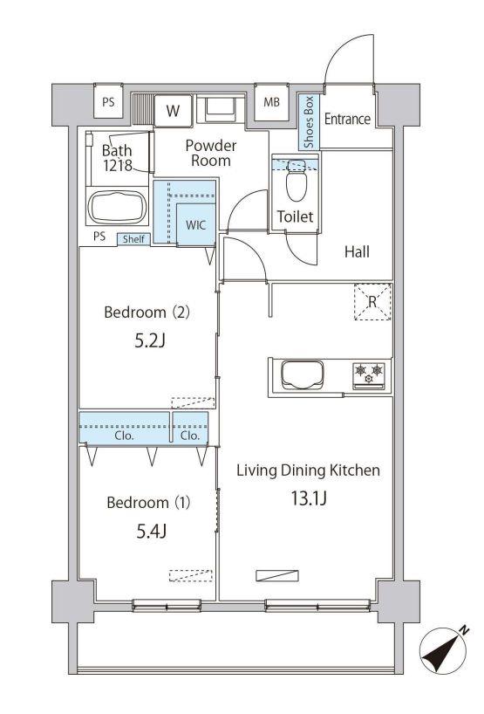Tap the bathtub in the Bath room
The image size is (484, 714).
[118, 207]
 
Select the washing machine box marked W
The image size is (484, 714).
[173, 111]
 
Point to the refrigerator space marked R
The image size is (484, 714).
[372, 301]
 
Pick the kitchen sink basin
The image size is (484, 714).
[303, 374]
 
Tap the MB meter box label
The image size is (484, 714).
[271, 102]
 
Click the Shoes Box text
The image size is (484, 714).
[309, 122]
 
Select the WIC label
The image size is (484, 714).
[195, 225]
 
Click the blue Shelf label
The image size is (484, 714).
[133, 239]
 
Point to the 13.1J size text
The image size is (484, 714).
[309, 498]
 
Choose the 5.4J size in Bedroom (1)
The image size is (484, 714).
[152, 531]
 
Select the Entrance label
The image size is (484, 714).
[348, 119]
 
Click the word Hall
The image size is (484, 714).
[357, 251]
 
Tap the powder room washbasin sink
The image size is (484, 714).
[219, 109]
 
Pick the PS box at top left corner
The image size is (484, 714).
[108, 102]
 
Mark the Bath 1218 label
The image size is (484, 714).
[118, 158]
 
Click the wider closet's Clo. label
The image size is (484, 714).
[124, 436]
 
